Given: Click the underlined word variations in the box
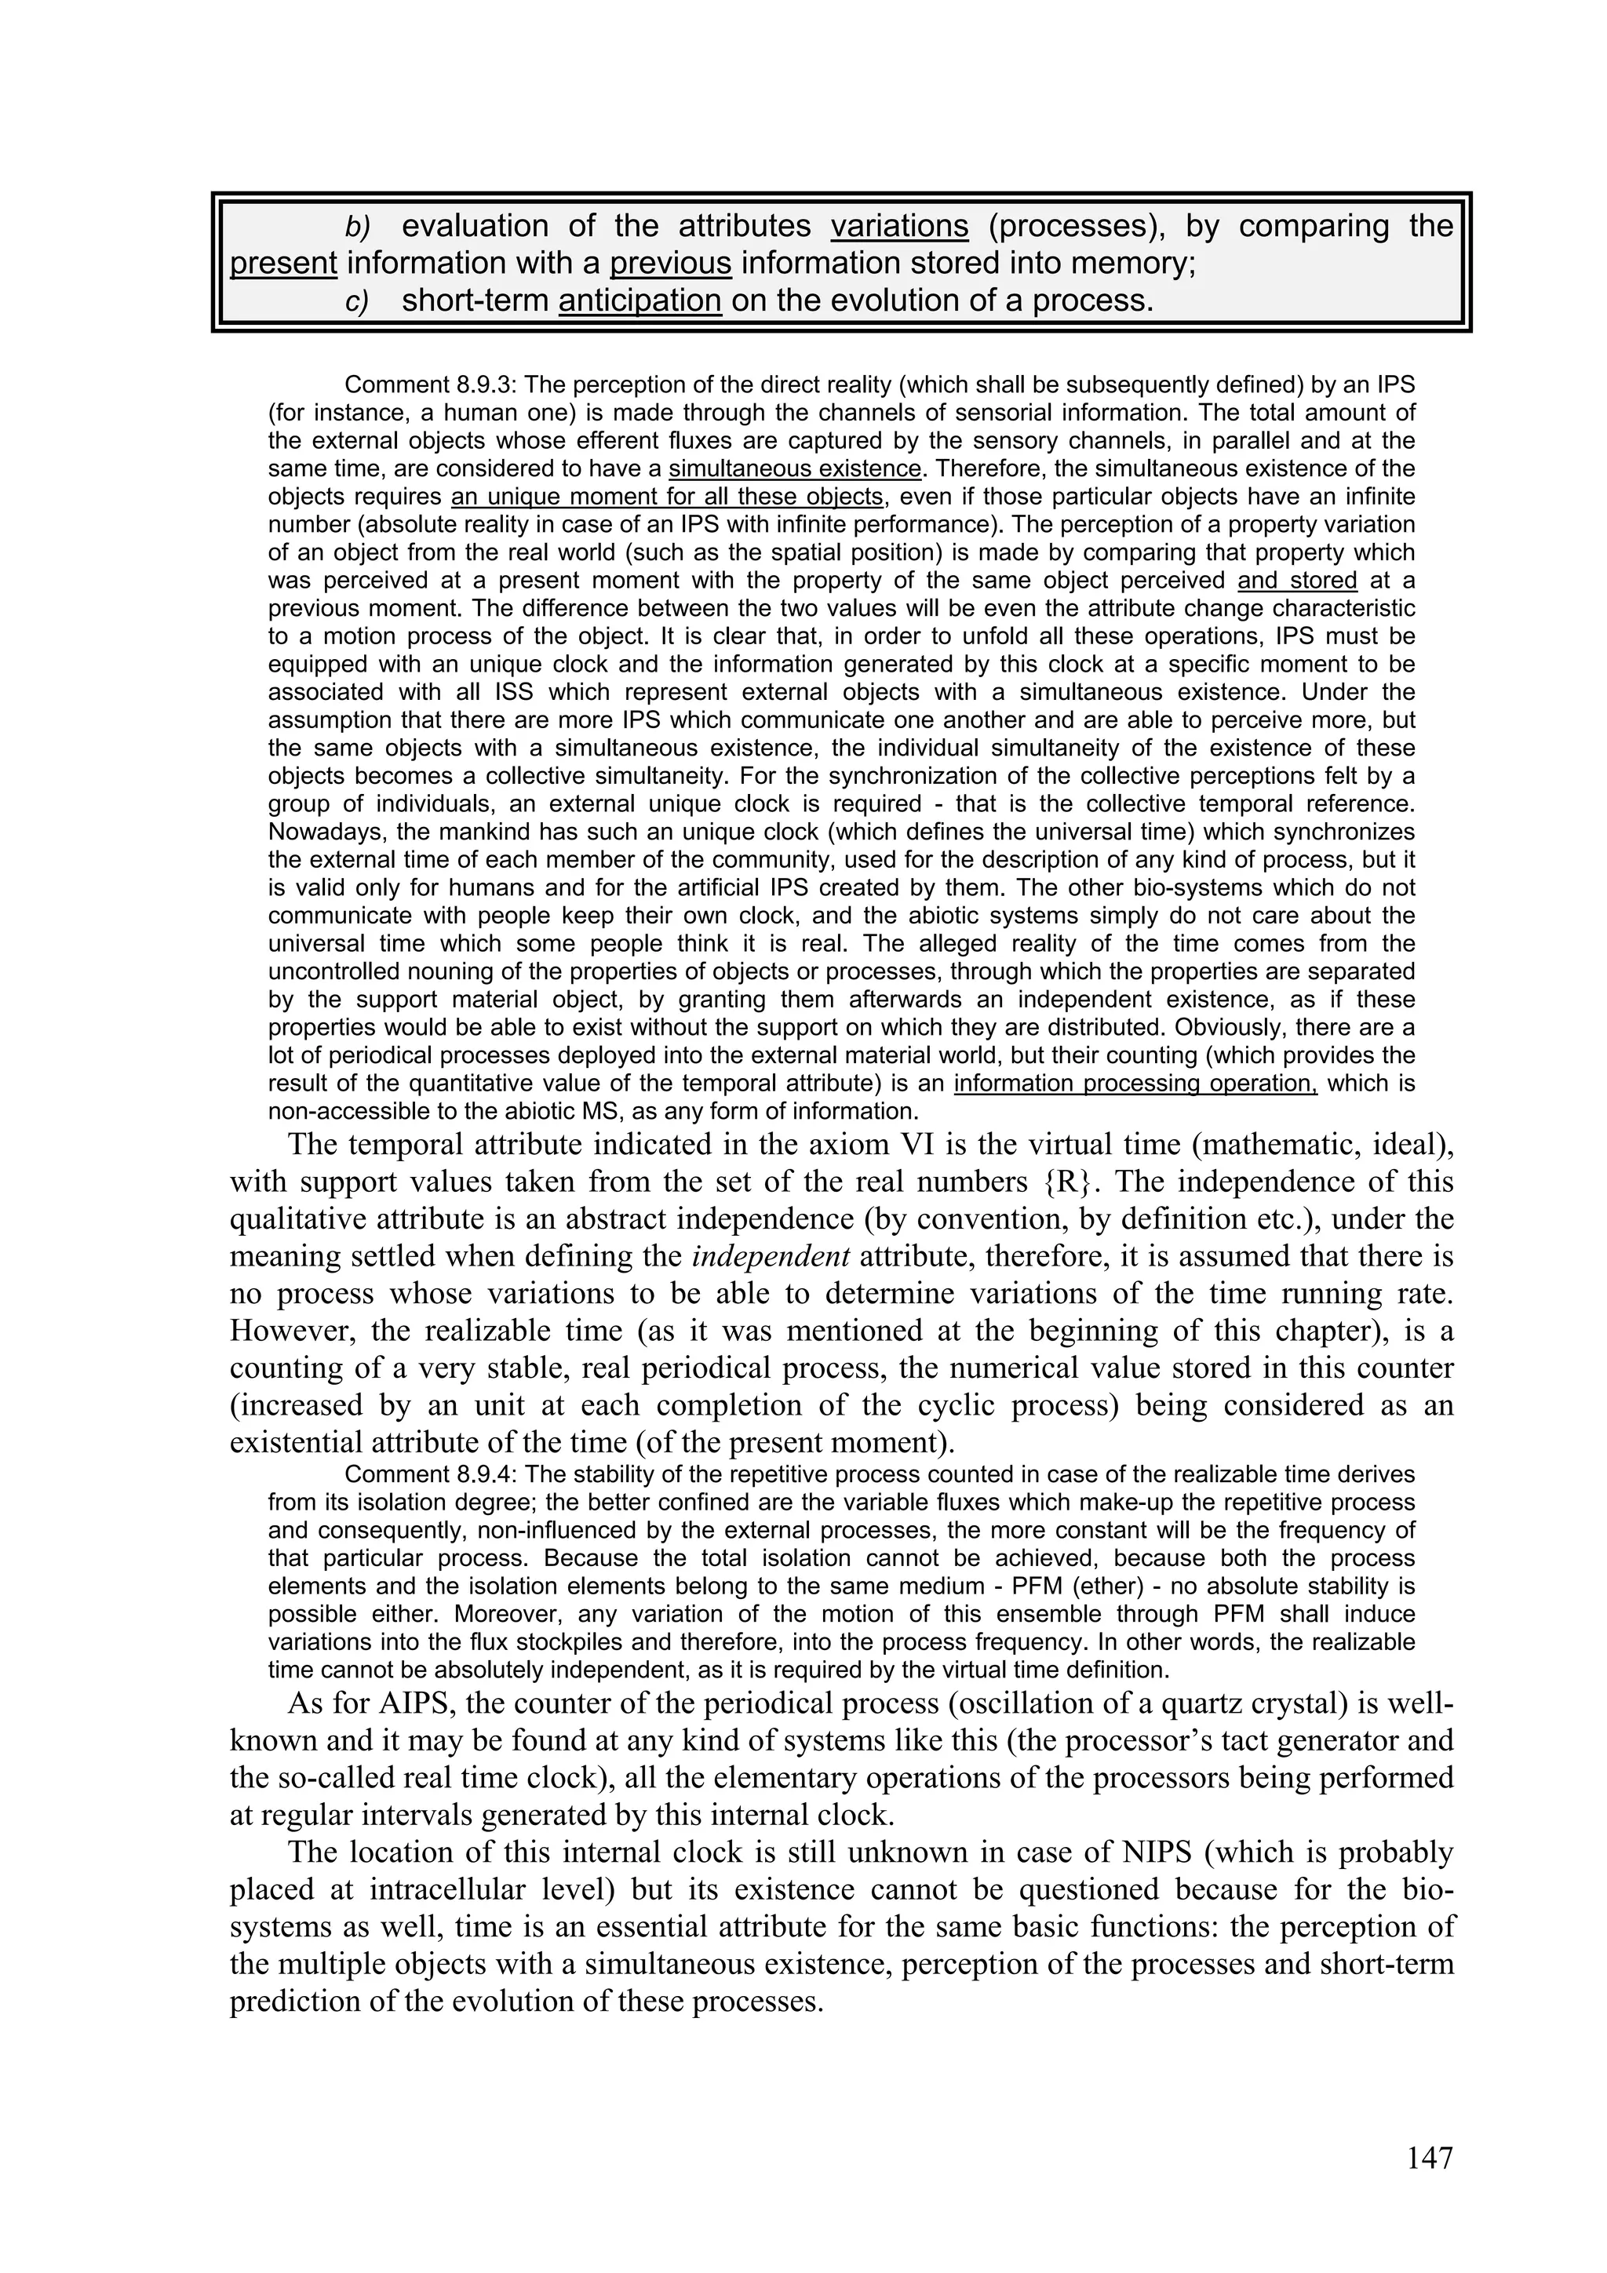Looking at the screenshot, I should tap(899, 227).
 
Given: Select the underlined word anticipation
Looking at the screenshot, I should tap(640, 300).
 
